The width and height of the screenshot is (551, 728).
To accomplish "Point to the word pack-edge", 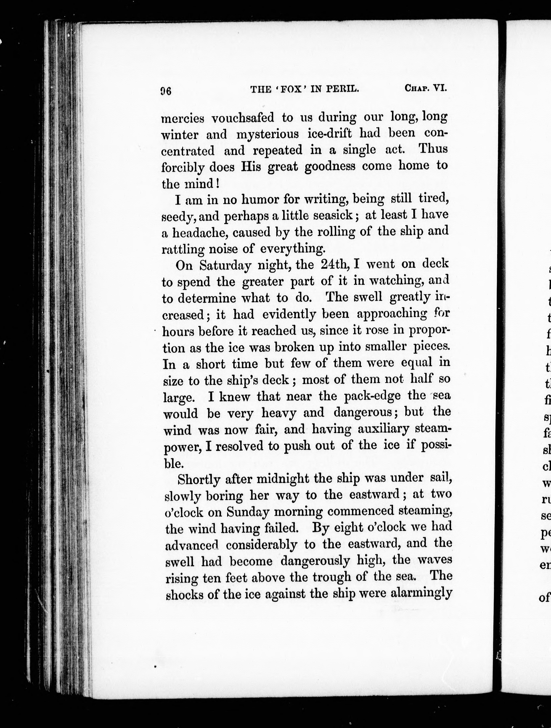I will pyautogui.click(x=372, y=396).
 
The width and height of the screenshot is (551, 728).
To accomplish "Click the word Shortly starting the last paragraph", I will pyautogui.click(x=198, y=471).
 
